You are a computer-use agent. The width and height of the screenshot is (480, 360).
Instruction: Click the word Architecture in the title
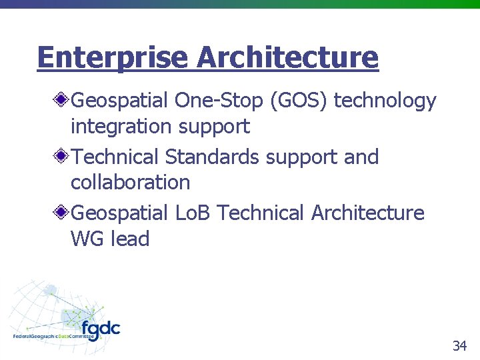click(x=287, y=57)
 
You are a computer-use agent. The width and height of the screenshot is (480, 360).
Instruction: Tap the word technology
click(x=385, y=101)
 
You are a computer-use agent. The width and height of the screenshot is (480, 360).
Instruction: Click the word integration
click(x=122, y=126)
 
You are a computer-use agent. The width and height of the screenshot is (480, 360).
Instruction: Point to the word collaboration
click(x=130, y=182)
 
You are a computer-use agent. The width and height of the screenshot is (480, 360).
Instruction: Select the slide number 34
click(x=459, y=345)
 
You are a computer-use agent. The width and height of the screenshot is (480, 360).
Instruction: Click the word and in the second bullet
click(x=361, y=157)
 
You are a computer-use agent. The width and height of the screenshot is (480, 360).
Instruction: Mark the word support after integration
click(x=213, y=126)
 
